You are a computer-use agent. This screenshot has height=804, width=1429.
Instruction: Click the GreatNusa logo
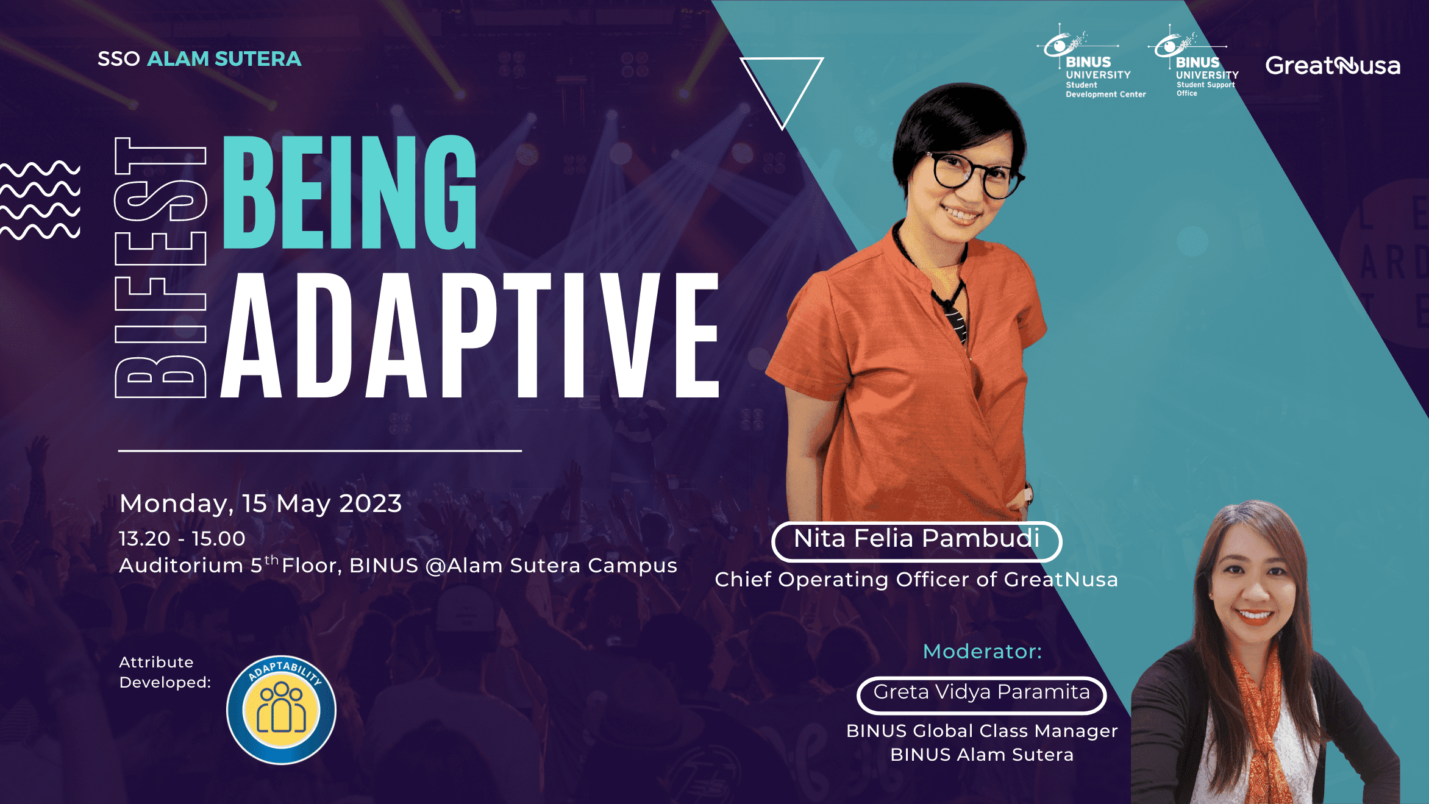(1333, 65)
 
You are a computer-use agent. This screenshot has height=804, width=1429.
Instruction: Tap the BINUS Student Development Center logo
(1091, 61)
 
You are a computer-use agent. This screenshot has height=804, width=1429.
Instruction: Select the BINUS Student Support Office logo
(1193, 61)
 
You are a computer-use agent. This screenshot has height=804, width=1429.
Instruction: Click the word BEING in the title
(349, 192)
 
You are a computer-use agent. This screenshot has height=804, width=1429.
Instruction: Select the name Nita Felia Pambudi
(916, 539)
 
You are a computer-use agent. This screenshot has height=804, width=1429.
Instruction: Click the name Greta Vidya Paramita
(982, 692)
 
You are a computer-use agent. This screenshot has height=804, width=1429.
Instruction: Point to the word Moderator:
(983, 652)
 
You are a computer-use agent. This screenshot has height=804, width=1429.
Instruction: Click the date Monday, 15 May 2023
(261, 504)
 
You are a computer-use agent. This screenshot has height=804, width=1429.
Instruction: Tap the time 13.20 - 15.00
(182, 539)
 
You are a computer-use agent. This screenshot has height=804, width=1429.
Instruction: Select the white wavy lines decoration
(40, 200)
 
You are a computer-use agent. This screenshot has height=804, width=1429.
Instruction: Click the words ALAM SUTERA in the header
(224, 59)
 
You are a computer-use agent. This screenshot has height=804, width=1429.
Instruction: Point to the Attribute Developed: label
(165, 672)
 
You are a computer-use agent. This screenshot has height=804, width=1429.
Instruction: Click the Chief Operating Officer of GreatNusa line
(916, 580)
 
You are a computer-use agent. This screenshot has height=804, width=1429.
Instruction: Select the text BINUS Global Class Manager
(982, 731)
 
